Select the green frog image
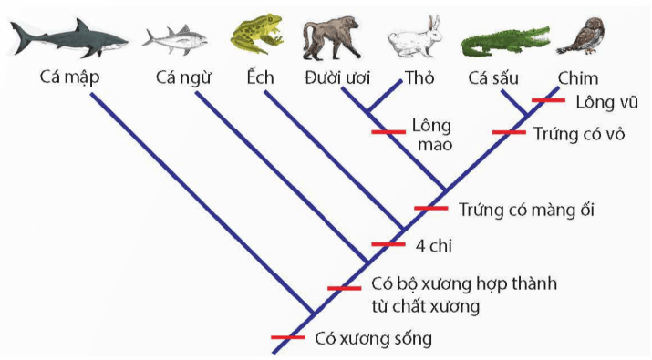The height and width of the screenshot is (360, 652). [x=257, y=35]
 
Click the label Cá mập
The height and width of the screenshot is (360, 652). [x=70, y=77]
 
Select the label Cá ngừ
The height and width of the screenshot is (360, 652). [x=182, y=77]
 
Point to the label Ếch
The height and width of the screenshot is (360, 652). [x=261, y=77]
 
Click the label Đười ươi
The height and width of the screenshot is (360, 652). [x=335, y=77]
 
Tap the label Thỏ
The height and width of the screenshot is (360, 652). [x=419, y=77]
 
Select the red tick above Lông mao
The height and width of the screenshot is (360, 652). [x=388, y=131]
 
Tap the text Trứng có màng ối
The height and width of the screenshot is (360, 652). [x=526, y=210]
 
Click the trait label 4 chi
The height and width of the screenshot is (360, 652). [x=435, y=245]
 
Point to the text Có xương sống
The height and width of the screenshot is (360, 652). [x=372, y=339]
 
